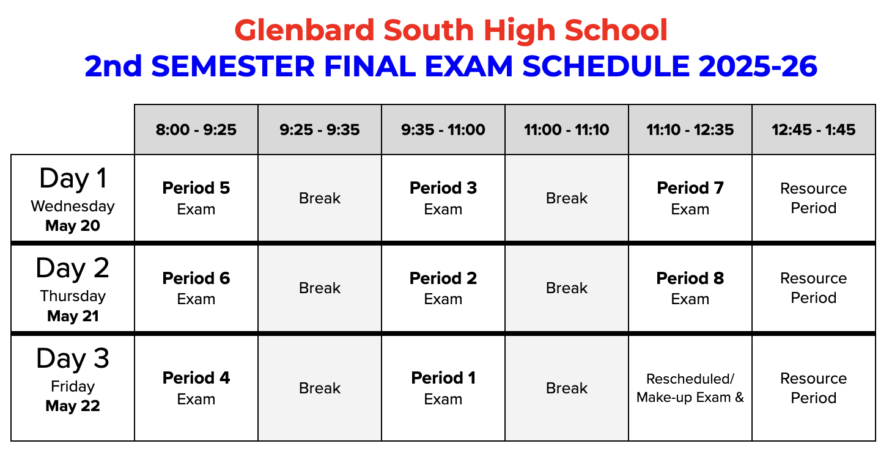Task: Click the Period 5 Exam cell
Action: tap(196, 198)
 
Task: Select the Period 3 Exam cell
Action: tap(443, 198)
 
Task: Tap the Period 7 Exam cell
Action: tap(690, 198)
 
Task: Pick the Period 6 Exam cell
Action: tap(196, 288)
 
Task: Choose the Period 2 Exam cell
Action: tap(443, 288)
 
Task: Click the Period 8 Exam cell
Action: tap(690, 288)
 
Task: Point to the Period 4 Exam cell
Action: tap(196, 388)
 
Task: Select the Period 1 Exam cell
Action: tap(443, 388)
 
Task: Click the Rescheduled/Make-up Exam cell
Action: tap(690, 388)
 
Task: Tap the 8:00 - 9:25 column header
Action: tap(196, 129)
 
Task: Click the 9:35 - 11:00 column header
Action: tap(443, 129)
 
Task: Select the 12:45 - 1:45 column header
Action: tap(814, 129)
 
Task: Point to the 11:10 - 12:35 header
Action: tap(690, 129)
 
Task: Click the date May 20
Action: tap(73, 226)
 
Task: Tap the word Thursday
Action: tap(73, 296)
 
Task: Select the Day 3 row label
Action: tap(73, 359)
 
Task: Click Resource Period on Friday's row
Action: tap(814, 388)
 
